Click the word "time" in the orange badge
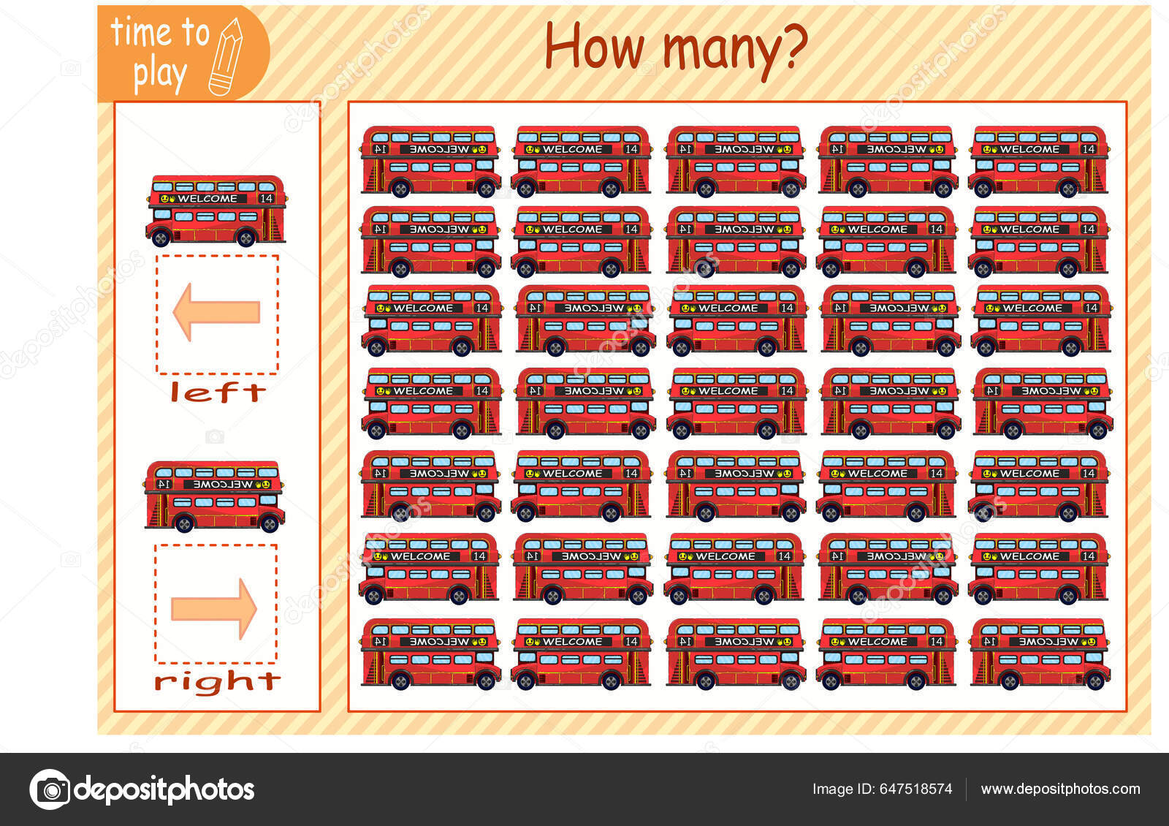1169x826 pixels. tap(140, 33)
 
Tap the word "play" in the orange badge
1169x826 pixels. tap(159, 75)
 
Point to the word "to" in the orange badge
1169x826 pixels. tap(195, 33)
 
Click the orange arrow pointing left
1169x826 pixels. tap(216, 312)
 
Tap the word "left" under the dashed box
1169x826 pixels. tap(218, 393)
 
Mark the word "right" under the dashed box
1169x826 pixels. tap(217, 681)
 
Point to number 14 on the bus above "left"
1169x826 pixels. tap(267, 199)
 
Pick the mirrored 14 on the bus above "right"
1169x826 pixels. tap(164, 484)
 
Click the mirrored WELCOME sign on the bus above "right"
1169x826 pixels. tap(222, 485)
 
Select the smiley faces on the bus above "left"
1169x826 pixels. tap(167, 199)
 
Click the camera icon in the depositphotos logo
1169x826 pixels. tap(50, 789)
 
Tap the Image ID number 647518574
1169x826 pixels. tap(915, 789)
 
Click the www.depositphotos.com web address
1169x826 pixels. tap(1060, 789)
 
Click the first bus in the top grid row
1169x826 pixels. tap(430, 162)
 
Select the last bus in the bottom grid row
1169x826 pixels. tap(1040, 654)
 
